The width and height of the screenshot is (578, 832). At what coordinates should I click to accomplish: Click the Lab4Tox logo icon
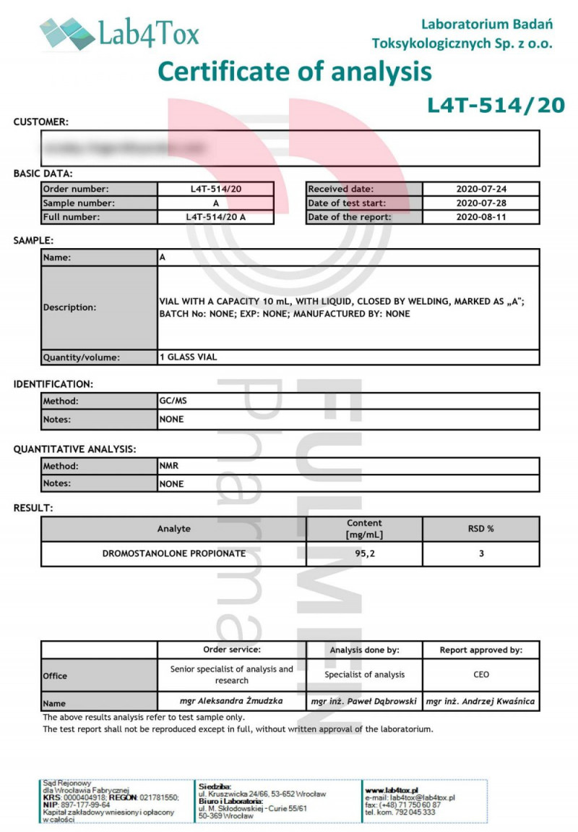click(x=67, y=33)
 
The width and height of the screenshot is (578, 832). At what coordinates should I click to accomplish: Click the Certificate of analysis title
click(x=295, y=72)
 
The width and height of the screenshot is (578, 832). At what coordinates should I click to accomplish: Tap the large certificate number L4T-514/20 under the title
click(x=496, y=106)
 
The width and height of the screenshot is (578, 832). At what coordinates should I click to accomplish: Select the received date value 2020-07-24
click(x=481, y=189)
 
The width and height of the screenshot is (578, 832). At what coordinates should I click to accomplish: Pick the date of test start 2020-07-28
click(x=481, y=203)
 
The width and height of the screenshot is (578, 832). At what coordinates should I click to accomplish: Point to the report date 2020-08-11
click(x=481, y=216)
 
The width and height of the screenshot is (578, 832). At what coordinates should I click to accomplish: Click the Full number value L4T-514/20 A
click(x=216, y=216)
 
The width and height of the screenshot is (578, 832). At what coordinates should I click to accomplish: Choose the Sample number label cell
click(x=99, y=203)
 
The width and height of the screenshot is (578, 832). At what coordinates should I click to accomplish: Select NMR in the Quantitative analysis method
click(x=168, y=466)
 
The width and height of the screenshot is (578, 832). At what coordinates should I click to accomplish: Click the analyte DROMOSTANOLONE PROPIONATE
click(x=174, y=553)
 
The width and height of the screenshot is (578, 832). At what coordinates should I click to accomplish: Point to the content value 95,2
click(x=364, y=553)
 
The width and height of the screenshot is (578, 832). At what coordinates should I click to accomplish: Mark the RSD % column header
click(x=481, y=528)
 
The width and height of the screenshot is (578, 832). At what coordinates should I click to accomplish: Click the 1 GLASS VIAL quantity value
click(x=188, y=357)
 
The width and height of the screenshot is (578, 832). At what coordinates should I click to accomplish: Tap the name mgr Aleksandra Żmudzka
click(x=231, y=701)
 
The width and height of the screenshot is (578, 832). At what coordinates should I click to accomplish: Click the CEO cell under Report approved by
click(x=481, y=674)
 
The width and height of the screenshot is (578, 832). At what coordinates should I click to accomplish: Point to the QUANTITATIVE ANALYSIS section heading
click(x=74, y=449)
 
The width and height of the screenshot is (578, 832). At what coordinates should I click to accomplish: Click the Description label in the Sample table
click(x=69, y=307)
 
